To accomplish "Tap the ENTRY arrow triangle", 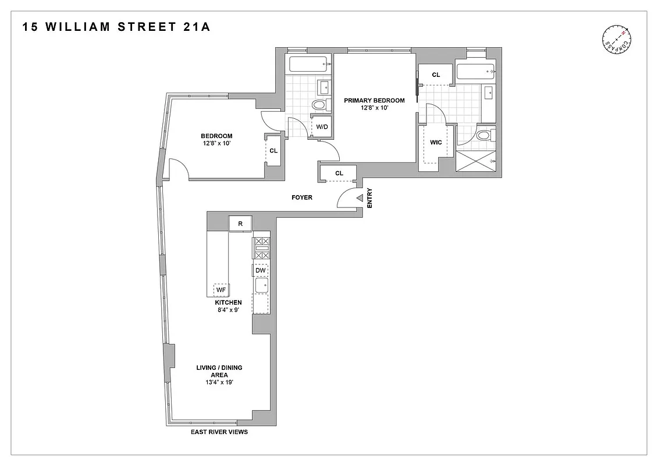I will pyautogui.click(x=360, y=199).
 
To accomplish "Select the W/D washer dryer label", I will pyautogui.click(x=321, y=126).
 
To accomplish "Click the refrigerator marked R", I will pyautogui.click(x=240, y=223).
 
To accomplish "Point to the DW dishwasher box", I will pyautogui.click(x=261, y=270).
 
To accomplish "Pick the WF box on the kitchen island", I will pyautogui.click(x=221, y=290).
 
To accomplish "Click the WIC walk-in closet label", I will pyautogui.click(x=436, y=142).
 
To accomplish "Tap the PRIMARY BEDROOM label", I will pyautogui.click(x=374, y=100).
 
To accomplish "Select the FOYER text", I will pyautogui.click(x=302, y=197).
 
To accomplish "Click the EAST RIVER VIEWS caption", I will pyautogui.click(x=219, y=432).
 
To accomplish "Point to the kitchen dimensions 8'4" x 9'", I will pyautogui.click(x=228, y=310).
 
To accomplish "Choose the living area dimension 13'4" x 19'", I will pyautogui.click(x=219, y=383).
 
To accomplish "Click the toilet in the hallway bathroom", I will pyautogui.click(x=319, y=105).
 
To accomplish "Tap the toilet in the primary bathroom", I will pyautogui.click(x=483, y=136).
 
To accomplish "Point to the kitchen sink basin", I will pyautogui.click(x=261, y=285).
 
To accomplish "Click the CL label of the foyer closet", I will pyautogui.click(x=339, y=173).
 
